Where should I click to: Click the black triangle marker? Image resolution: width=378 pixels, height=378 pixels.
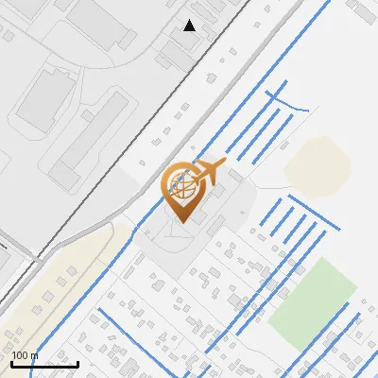click(x=190, y=26)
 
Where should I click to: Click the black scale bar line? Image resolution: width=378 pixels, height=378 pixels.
click(x=44, y=364)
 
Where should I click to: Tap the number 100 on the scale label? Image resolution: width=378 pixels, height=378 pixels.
click(x=20, y=355)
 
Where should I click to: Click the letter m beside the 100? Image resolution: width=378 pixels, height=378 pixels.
click(x=34, y=355)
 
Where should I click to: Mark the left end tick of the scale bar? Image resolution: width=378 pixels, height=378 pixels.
click(x=11, y=362)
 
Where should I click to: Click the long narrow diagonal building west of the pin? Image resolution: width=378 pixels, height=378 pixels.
click(x=89, y=147)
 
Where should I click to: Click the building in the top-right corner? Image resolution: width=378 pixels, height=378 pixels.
click(x=363, y=11)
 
